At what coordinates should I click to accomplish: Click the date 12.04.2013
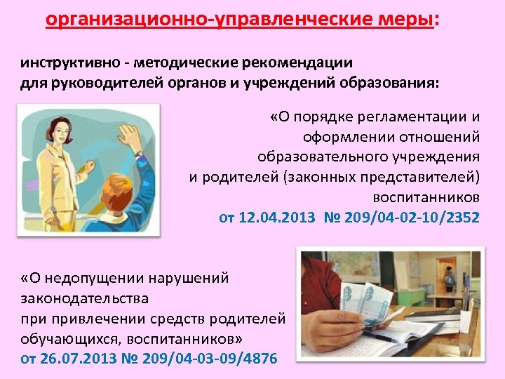point(278,218)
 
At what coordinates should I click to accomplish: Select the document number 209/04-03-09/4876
point(210,359)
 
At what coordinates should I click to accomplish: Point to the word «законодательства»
point(85,298)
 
